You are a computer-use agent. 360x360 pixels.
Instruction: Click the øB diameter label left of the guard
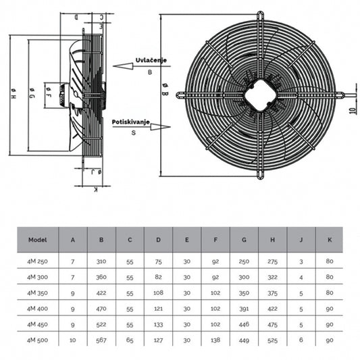coord(165,95)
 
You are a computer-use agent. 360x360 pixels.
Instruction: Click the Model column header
coord(36,239)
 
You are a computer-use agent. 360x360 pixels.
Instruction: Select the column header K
coord(329,239)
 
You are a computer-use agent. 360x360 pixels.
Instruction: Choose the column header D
coord(157,239)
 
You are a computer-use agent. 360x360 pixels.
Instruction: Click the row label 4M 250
coord(36,260)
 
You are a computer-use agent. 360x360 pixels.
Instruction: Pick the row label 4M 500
coord(36,340)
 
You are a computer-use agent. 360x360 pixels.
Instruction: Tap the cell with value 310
coord(101,260)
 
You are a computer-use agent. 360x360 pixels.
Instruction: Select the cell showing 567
coord(101,340)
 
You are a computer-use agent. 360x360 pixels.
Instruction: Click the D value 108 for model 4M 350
coord(157,292)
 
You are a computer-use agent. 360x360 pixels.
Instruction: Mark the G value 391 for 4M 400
coord(243,309)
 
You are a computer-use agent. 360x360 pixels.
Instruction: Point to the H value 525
coord(272,340)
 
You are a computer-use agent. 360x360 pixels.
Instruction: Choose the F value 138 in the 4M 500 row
coord(215,340)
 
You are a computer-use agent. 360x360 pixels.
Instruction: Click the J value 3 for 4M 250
coord(301,260)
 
